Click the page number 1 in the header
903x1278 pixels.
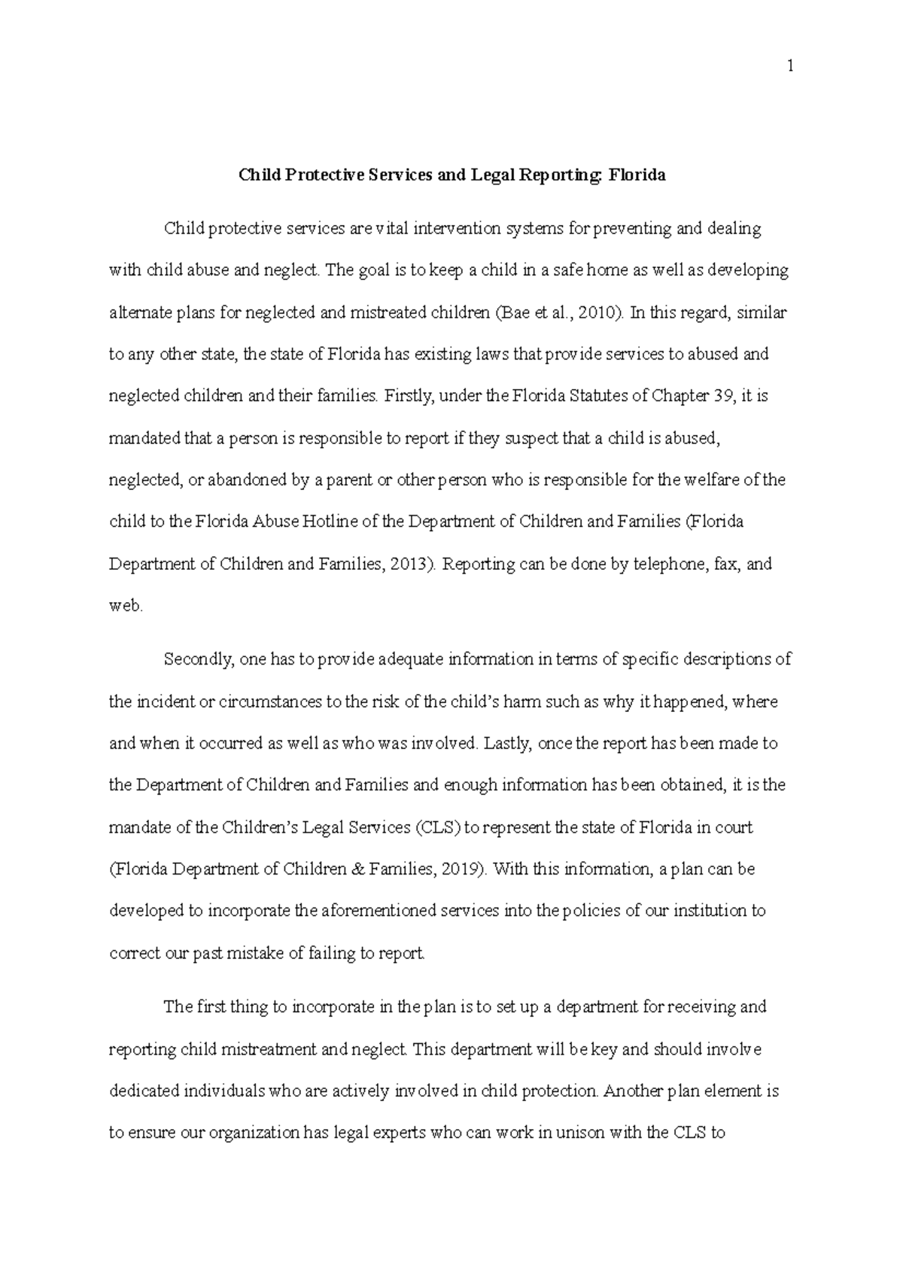[789, 66]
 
